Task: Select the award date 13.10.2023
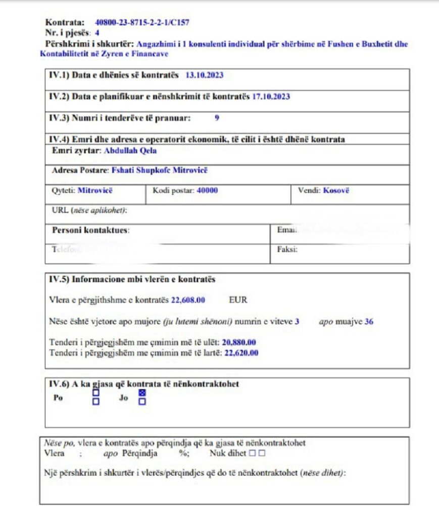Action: pyautogui.click(x=204, y=75)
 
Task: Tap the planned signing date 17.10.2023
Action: pyautogui.click(x=271, y=97)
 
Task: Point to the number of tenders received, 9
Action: pyautogui.click(x=217, y=118)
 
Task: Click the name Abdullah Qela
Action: pyautogui.click(x=131, y=150)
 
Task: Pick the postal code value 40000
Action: pyautogui.click(x=207, y=191)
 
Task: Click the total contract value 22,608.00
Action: pyautogui.click(x=188, y=300)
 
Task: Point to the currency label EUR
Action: pyautogui.click(x=238, y=300)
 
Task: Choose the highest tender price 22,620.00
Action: pyautogui.click(x=240, y=353)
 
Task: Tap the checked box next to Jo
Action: pyautogui.click(x=142, y=393)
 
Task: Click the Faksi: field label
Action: pyautogui.click(x=287, y=249)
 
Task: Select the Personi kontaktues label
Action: pyautogui.click(x=90, y=230)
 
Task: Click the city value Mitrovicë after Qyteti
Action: pyautogui.click(x=95, y=191)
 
